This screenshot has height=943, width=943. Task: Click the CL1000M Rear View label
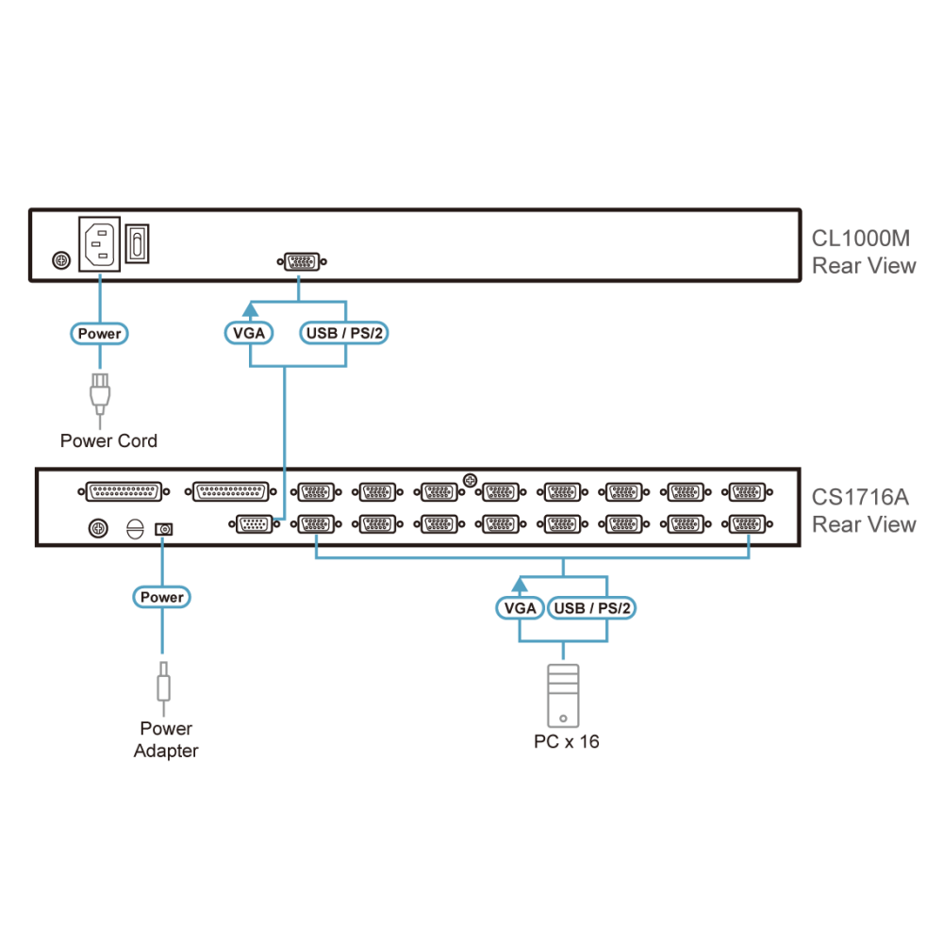(864, 252)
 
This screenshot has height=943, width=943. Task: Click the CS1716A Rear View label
(864, 510)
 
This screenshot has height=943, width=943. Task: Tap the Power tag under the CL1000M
(99, 333)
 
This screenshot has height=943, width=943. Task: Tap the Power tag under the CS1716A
(162, 597)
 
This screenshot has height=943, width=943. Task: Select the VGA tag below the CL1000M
(249, 333)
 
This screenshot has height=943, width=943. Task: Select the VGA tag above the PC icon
(521, 608)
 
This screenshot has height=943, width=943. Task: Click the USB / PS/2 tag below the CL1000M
(344, 333)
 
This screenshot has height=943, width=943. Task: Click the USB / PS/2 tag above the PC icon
(592, 608)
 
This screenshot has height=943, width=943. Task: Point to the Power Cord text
(108, 440)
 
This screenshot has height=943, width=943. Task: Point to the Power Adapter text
(166, 739)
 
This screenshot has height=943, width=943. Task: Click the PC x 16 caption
(567, 741)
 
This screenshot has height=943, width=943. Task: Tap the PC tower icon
(564, 696)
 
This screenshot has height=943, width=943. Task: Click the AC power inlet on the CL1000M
(99, 244)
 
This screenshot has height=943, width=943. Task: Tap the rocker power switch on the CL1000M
(137, 243)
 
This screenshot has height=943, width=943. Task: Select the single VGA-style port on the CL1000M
(302, 261)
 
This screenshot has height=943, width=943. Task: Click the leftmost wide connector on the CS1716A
(124, 491)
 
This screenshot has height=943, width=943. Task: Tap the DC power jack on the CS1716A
(163, 529)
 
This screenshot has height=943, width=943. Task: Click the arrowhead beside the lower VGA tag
(520, 584)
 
